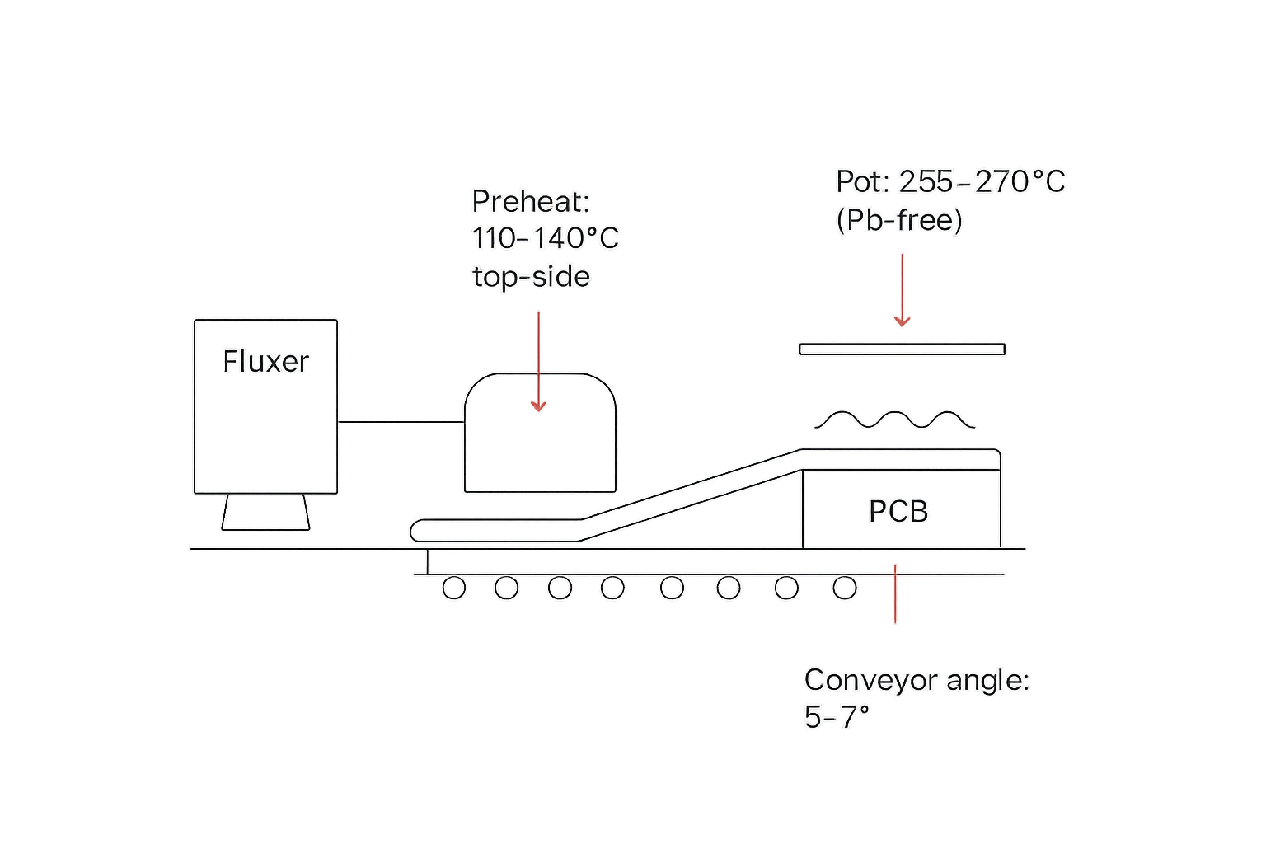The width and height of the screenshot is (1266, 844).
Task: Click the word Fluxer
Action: pyautogui.click(x=265, y=362)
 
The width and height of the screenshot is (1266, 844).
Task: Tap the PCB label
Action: pyautogui.click(x=898, y=512)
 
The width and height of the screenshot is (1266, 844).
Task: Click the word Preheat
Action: pyautogui.click(x=527, y=201)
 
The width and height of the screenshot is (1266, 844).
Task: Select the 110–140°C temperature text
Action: pyautogui.click(x=545, y=239)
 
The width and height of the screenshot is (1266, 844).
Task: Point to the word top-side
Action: pyautogui.click(x=531, y=277)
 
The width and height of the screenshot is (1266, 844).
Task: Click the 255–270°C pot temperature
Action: pyautogui.click(x=982, y=181)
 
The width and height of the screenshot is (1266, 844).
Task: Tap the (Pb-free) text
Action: pyautogui.click(x=898, y=220)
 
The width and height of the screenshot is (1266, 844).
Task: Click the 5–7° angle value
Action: pyautogui.click(x=837, y=718)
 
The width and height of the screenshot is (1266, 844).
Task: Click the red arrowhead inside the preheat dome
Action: pyautogui.click(x=538, y=406)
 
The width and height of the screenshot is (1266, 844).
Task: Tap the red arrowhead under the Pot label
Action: pyautogui.click(x=902, y=321)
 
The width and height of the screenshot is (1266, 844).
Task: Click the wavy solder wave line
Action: pyautogui.click(x=895, y=420)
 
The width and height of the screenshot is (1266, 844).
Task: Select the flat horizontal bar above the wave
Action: pyautogui.click(x=902, y=349)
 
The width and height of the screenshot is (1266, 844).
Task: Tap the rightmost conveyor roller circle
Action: pyautogui.click(x=845, y=588)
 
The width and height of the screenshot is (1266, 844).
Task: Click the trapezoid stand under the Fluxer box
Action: pyautogui.click(x=265, y=512)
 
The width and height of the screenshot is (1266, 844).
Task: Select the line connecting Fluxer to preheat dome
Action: pyautogui.click(x=401, y=421)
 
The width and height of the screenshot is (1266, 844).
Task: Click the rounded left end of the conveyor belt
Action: pyautogui.click(x=418, y=530)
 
